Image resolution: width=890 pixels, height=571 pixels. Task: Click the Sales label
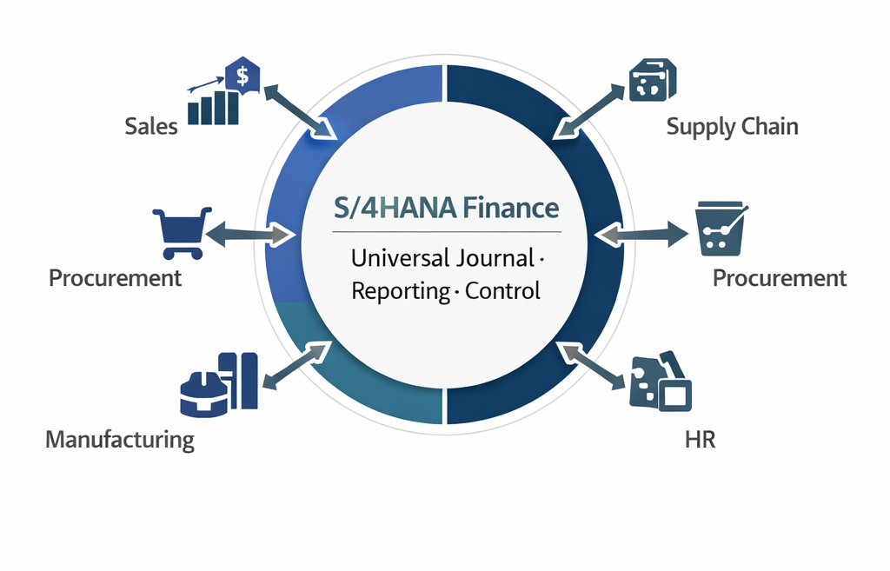pos(151,127)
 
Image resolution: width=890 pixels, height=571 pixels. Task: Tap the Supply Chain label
pos(732,127)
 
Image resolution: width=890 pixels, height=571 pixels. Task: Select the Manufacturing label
pos(120,439)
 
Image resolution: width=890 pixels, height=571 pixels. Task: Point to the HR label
pos(700,439)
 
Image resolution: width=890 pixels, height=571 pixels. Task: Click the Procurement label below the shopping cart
pos(116,278)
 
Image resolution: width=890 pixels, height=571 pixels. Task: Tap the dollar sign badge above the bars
pos(242,76)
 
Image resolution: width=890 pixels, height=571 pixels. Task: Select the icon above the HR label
pos(660,382)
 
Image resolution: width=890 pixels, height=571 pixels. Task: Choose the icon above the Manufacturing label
pos(219,382)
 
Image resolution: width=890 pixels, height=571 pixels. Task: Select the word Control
pos(502,290)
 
